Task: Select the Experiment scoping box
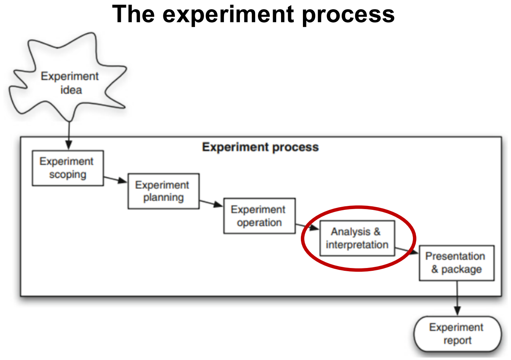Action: tap(68, 168)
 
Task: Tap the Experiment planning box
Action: tap(163, 191)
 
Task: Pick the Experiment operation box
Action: tap(259, 215)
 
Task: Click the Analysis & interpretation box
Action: tap(357, 238)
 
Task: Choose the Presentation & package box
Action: tap(456, 263)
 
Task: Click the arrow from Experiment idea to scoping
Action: tap(69, 135)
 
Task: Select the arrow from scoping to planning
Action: tap(116, 180)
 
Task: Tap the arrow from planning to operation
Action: tap(211, 203)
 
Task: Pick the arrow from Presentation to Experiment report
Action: tap(457, 299)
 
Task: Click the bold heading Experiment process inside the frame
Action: tap(260, 147)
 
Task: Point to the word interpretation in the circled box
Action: tap(357, 245)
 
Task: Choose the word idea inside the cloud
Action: tap(71, 90)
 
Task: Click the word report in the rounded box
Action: tap(457, 341)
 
